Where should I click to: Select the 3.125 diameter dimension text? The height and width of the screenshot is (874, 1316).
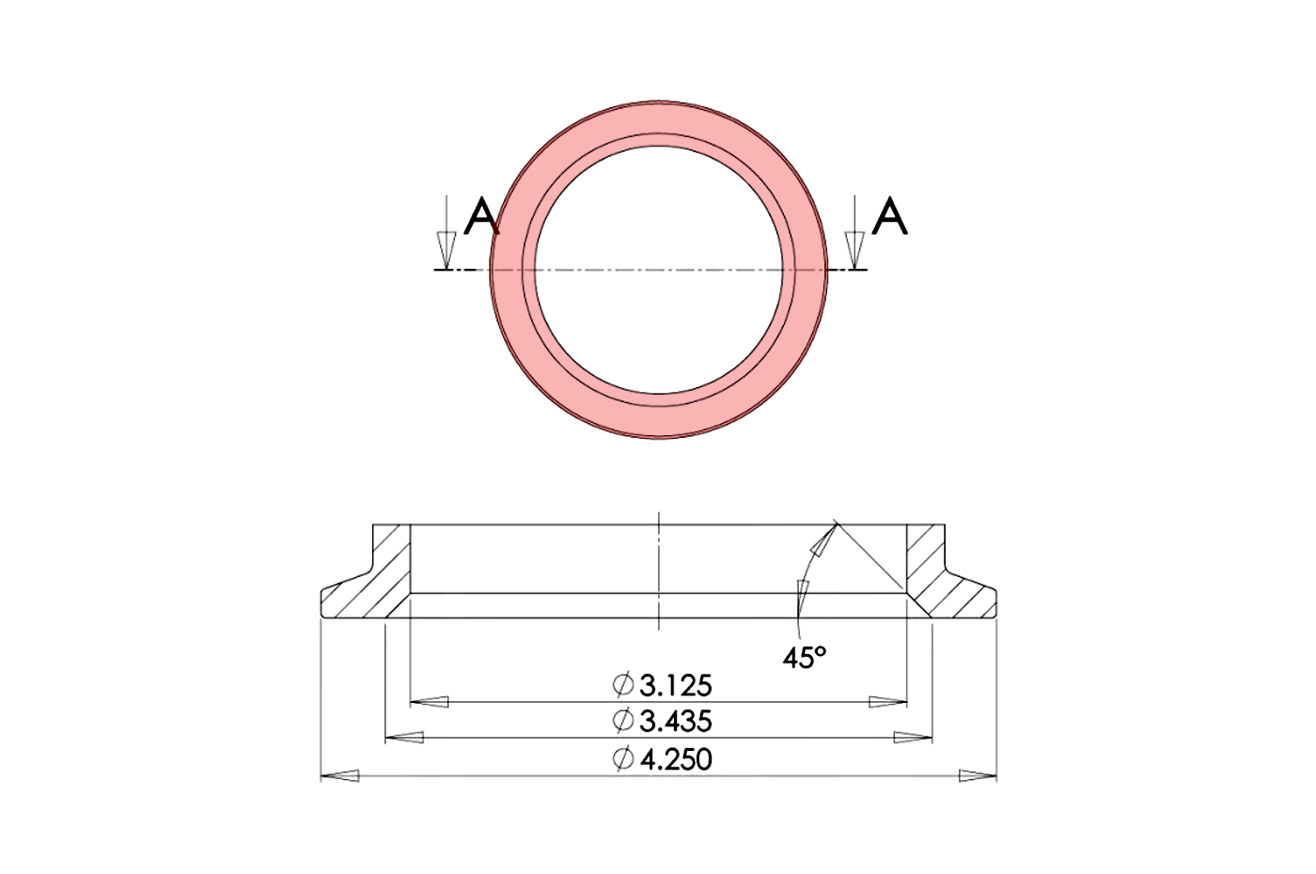675,685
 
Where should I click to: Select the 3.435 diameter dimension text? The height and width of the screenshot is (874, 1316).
675,722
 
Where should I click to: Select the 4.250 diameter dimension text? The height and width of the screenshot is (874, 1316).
675,758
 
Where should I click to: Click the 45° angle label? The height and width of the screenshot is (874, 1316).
805,658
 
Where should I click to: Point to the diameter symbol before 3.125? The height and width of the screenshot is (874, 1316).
622,685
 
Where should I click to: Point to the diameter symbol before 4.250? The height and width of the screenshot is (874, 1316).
622,759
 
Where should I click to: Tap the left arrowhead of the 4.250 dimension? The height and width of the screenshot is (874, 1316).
339,776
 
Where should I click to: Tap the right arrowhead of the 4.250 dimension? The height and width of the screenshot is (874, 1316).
978,776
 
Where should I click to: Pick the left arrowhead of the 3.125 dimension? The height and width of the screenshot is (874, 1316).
430,702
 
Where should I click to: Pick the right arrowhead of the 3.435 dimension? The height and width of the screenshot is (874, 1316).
913,739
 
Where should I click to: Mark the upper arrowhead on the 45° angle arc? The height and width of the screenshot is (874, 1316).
823,542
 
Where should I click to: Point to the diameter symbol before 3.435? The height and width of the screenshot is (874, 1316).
622,722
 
